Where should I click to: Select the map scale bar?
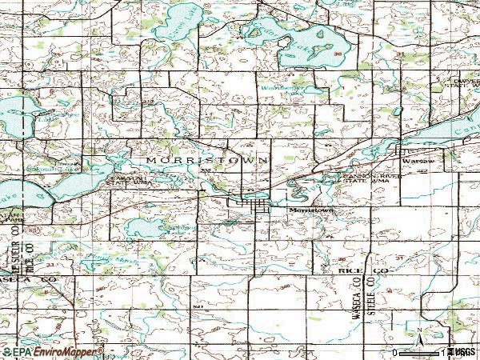coord(424,351)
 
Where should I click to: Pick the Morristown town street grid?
coord(250,207)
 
